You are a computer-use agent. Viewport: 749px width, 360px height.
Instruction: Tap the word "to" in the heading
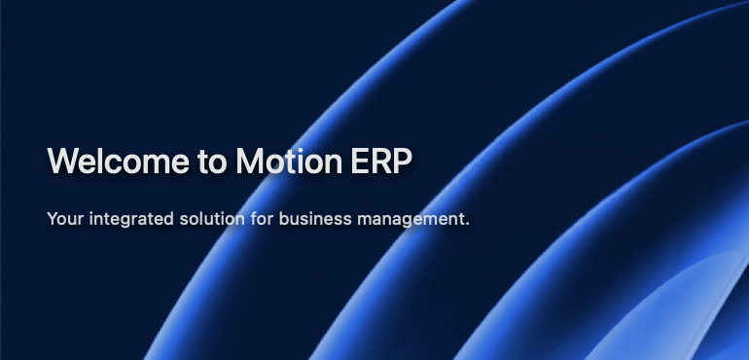tap(209, 161)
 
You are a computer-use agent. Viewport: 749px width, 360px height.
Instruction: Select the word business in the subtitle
tap(311, 219)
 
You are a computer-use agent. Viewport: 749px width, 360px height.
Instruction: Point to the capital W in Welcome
tap(63, 161)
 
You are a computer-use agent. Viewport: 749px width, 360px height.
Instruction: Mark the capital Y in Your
tap(52, 219)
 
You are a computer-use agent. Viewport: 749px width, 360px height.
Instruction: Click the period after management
tap(467, 224)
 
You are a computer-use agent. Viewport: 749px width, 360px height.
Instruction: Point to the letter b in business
tap(283, 219)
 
